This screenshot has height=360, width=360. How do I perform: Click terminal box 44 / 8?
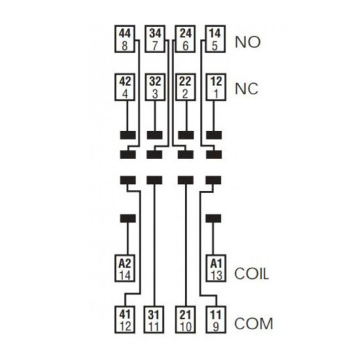(x=124, y=39)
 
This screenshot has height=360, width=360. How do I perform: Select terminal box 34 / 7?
(x=155, y=39)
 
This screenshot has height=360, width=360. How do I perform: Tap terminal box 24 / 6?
(x=185, y=39)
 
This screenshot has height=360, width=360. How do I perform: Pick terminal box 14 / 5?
(x=215, y=39)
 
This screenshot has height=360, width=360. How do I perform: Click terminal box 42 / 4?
(x=124, y=87)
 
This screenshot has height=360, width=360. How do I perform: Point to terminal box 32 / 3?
(x=155, y=87)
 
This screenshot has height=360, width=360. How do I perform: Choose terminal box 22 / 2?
(x=185, y=87)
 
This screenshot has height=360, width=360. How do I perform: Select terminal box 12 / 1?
(x=215, y=87)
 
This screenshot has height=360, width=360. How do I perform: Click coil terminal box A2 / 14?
(x=124, y=268)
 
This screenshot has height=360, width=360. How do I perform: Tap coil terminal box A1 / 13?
(x=216, y=268)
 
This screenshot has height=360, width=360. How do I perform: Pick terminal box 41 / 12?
(x=124, y=319)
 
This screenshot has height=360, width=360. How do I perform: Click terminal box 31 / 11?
(x=154, y=319)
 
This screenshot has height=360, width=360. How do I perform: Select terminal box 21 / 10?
(x=185, y=319)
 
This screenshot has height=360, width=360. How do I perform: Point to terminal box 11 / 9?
(x=216, y=319)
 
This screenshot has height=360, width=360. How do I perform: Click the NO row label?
(x=247, y=42)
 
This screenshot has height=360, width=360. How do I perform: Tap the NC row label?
(x=246, y=89)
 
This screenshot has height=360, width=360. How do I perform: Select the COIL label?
(x=251, y=274)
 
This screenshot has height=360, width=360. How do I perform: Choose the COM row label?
(x=254, y=323)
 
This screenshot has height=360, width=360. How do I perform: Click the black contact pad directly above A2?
(x=128, y=219)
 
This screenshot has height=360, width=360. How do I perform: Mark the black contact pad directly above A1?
(x=213, y=219)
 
